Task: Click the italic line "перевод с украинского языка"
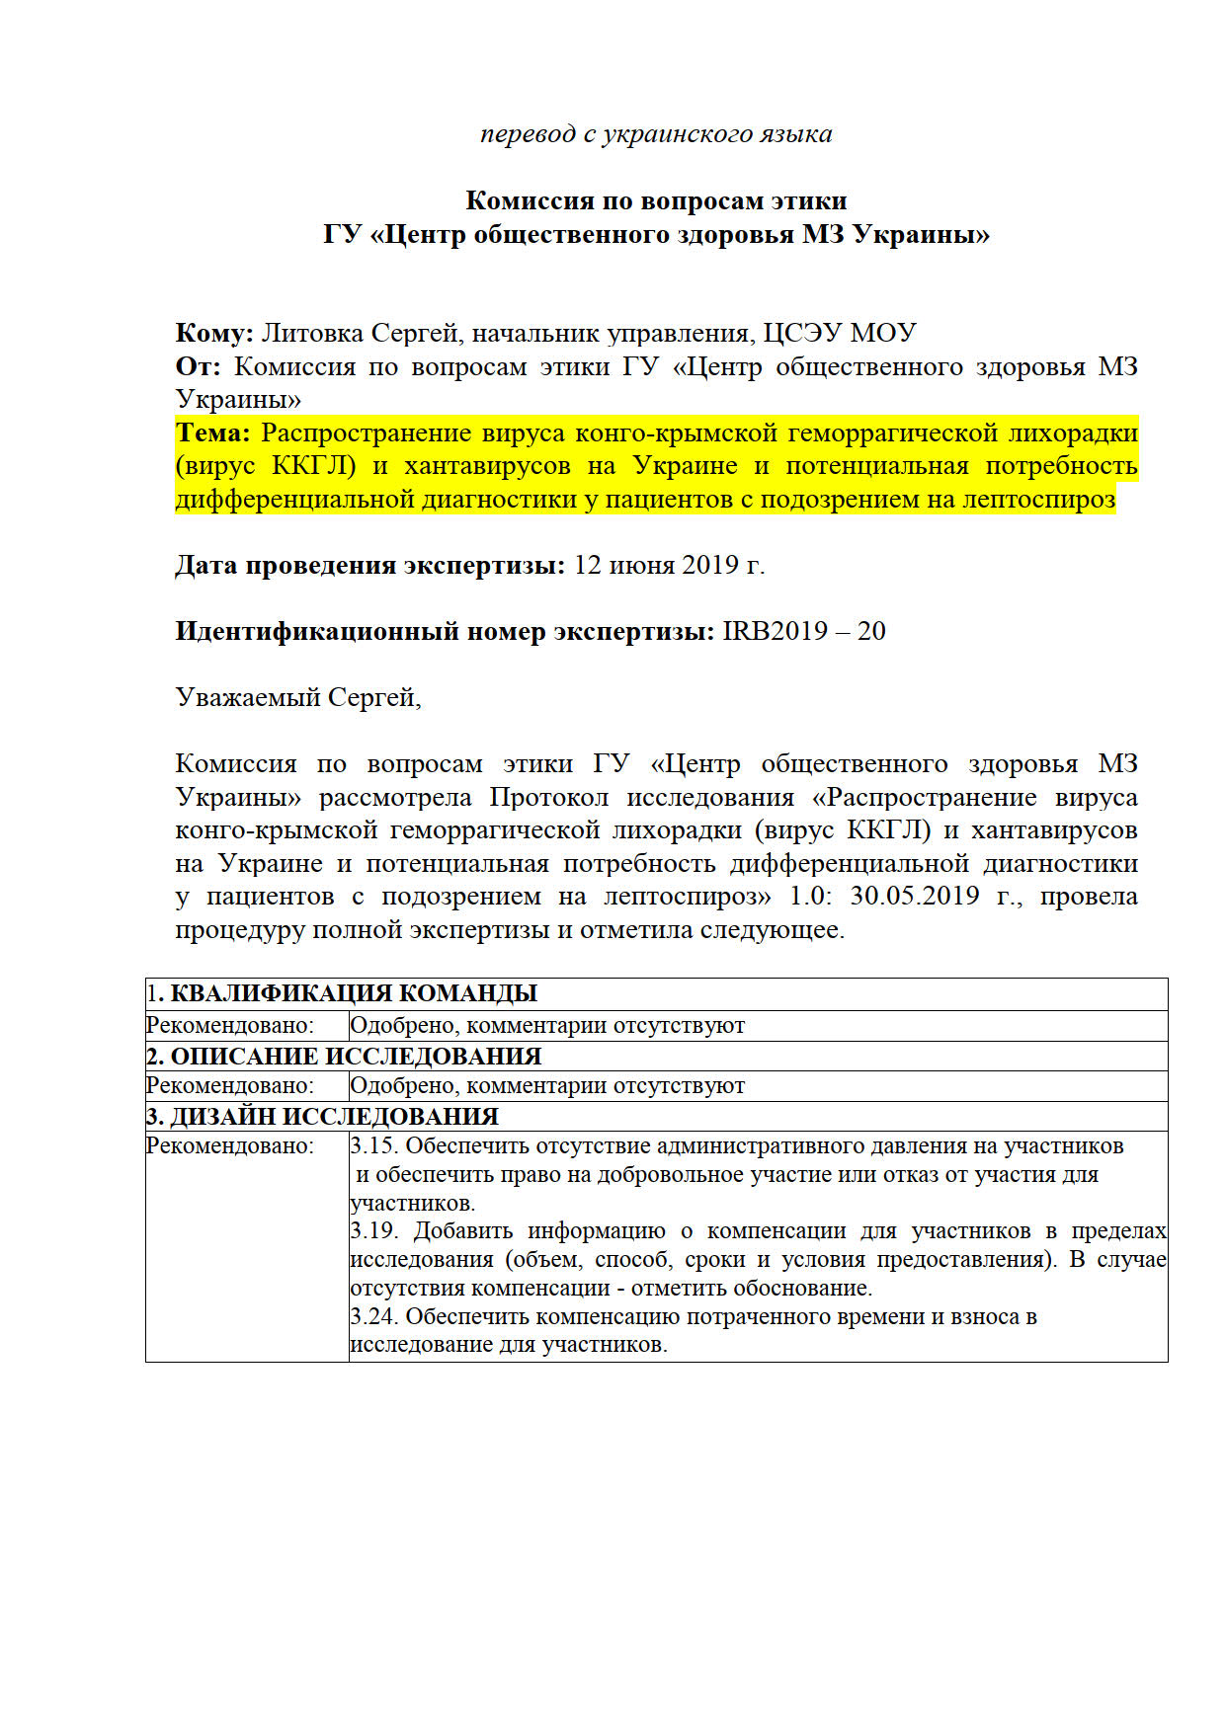(x=656, y=134)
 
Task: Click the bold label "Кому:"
(x=214, y=334)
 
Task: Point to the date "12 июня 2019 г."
(x=669, y=566)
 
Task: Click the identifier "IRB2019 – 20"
(x=804, y=632)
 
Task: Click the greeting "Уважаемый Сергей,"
(x=298, y=698)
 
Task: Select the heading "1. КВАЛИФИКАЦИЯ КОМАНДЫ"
(x=342, y=993)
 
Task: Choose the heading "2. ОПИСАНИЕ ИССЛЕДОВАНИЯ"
(x=344, y=1056)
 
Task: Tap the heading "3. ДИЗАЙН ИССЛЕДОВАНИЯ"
(x=322, y=1117)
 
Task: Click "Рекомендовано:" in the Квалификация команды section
(x=230, y=1025)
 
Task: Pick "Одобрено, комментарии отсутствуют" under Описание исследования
(x=547, y=1086)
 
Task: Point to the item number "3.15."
(x=373, y=1146)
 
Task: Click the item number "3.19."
(x=373, y=1231)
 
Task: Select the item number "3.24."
(x=373, y=1316)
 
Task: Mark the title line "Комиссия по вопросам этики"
(x=656, y=201)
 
